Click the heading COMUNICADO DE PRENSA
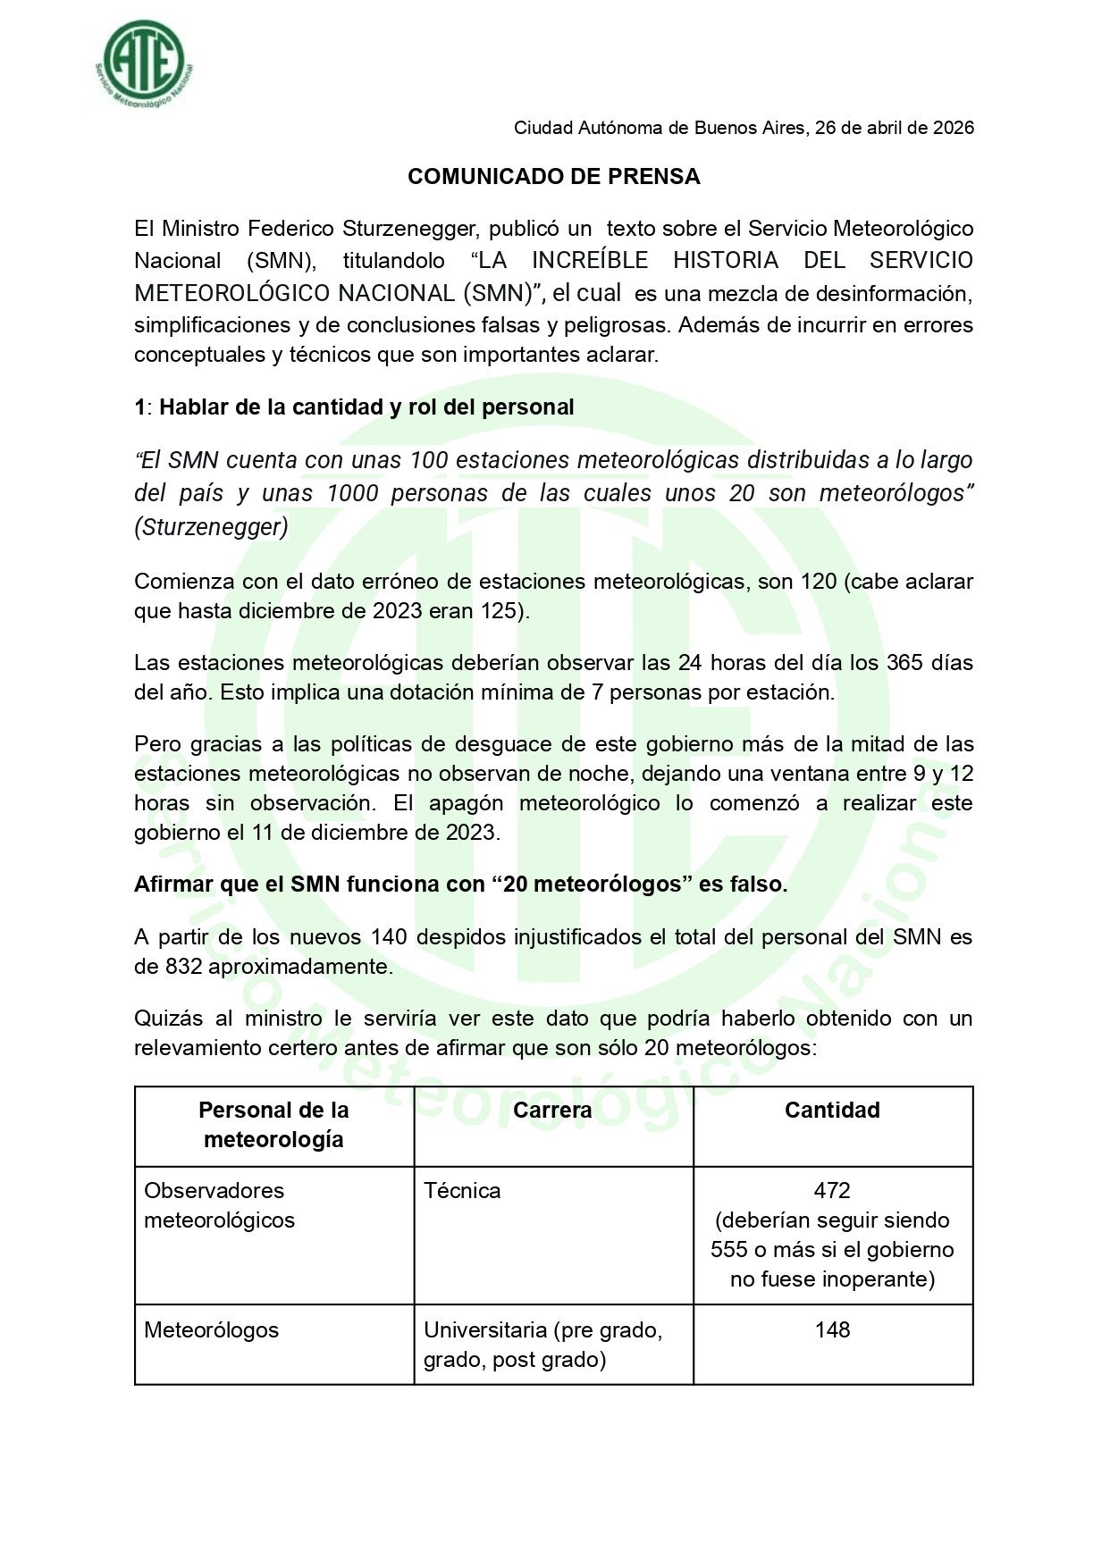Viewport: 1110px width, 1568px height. tap(553, 177)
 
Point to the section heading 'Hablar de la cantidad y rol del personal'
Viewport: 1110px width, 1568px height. tap(366, 407)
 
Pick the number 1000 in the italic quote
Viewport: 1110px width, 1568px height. tap(353, 493)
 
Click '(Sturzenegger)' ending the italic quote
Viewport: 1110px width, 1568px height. tap(212, 527)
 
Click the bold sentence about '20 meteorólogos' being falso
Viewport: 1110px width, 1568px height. tap(460, 885)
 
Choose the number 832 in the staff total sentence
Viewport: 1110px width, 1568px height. tap(183, 967)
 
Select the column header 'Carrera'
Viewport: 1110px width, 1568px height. tap(552, 1111)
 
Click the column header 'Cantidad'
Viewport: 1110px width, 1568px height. tap(832, 1111)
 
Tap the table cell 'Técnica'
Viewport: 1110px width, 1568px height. tap(462, 1191)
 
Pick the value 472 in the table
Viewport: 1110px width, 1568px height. tap(832, 1191)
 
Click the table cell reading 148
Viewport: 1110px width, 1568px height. tap(832, 1330)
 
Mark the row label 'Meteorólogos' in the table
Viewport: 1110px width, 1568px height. tap(212, 1330)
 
